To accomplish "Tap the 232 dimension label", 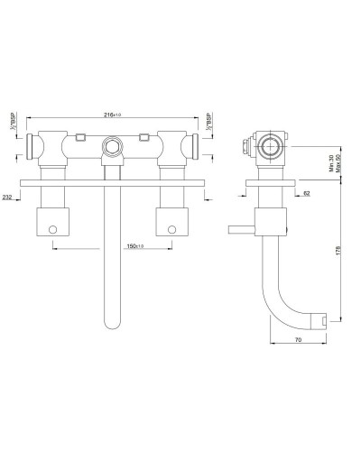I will (x=9, y=197).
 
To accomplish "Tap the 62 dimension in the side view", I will (x=306, y=193).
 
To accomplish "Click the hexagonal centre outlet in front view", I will (x=113, y=144).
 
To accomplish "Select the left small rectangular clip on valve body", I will (x=81, y=137).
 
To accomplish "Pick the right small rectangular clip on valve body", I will (x=144, y=137).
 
